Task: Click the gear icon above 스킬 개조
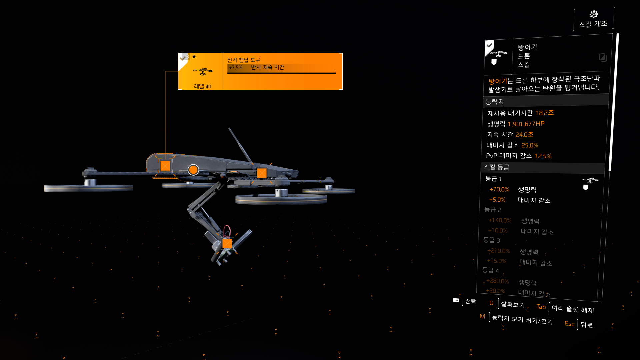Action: tap(594, 14)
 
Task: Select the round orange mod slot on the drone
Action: tap(193, 170)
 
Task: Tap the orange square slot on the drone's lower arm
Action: tap(227, 244)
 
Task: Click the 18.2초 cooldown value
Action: tap(544, 113)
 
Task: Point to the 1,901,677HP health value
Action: tap(526, 124)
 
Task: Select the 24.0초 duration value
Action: tap(524, 135)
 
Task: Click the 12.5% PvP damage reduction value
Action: tap(543, 156)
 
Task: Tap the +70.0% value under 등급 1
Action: tap(499, 189)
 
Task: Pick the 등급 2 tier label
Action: tap(493, 210)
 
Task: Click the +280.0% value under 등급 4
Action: tap(497, 281)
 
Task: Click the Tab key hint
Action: tap(541, 307)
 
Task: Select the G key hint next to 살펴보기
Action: tap(491, 303)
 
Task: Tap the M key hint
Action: tap(482, 316)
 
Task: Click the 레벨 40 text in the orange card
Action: tap(203, 86)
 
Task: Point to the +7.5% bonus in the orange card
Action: tap(236, 68)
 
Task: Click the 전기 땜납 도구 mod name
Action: tap(244, 60)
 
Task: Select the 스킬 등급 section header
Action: tap(496, 167)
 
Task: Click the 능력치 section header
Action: tap(495, 102)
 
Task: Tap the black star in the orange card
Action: tap(194, 57)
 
